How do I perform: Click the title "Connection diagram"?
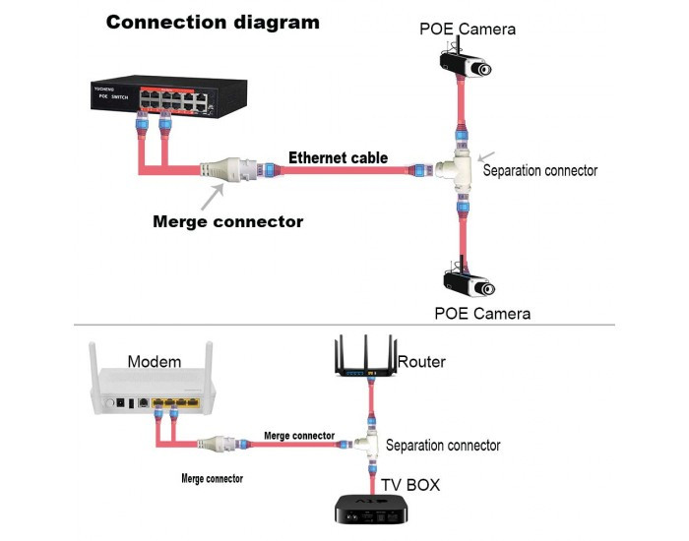213,22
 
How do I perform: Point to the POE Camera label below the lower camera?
482,314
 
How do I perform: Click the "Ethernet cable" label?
338,157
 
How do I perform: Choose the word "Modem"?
155,362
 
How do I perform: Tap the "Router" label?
421,362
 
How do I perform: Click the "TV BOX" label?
408,485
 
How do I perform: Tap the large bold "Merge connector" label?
228,221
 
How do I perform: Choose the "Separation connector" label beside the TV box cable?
443,446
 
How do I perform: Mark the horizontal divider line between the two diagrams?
344,325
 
